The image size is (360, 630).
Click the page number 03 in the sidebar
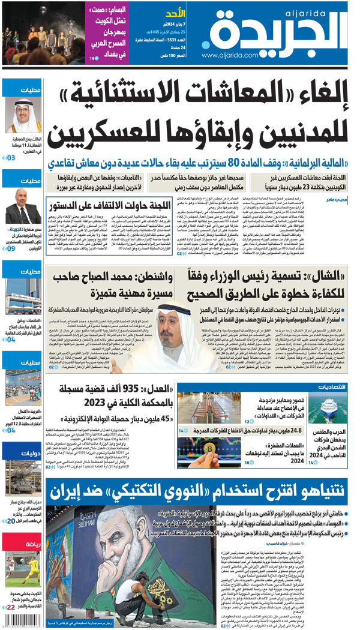[11, 158]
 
